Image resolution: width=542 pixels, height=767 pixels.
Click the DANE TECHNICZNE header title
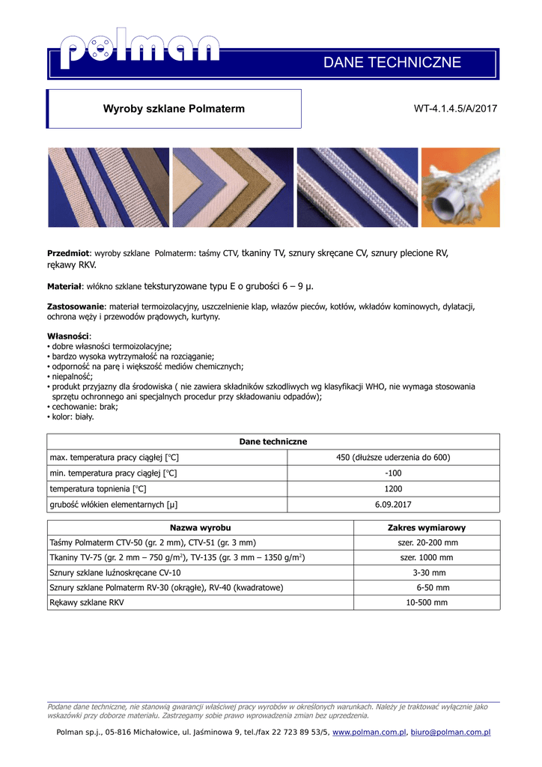pos(392,63)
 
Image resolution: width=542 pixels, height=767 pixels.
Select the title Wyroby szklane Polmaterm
pos(174,109)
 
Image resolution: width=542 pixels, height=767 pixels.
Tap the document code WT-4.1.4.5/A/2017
pos(455,109)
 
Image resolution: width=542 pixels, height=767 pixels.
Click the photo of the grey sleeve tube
pos(460,187)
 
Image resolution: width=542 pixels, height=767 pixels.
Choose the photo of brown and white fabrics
pos(233,187)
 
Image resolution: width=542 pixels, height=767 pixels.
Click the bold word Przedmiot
pos(68,254)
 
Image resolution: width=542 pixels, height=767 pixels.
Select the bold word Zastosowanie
pos(76,306)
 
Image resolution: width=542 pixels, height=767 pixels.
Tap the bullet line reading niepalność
pos(72,377)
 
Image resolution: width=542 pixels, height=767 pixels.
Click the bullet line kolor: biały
pos(73,416)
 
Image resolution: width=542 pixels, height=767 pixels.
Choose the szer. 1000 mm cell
pos(426,558)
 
